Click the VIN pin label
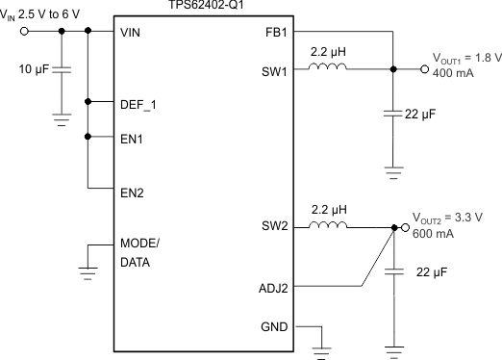(132, 31)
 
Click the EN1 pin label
(133, 138)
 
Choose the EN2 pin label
(133, 192)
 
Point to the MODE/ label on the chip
(140, 243)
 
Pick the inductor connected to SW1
(326, 68)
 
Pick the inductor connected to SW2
(328, 228)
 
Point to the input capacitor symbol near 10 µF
(63, 70)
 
